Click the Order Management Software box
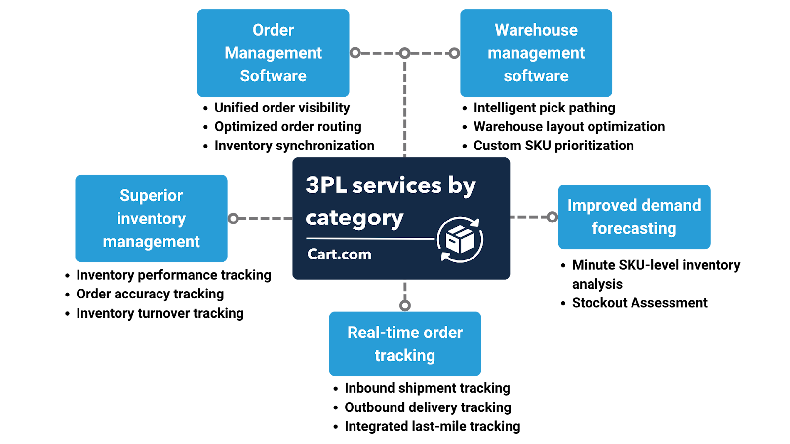[x=273, y=53]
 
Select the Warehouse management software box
[x=536, y=53]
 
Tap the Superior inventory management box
[x=151, y=219]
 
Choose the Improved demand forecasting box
[x=634, y=217]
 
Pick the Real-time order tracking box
[x=405, y=344]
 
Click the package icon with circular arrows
[x=460, y=240]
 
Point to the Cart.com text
[x=339, y=254]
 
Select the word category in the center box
[x=355, y=218]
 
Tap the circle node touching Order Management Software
[x=355, y=53]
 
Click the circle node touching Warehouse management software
[x=454, y=53]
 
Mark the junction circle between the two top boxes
[x=405, y=53]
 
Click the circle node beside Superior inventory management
[x=234, y=218]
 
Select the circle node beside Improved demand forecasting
[x=552, y=217]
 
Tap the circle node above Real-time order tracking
[x=405, y=306]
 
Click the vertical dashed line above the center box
[x=405, y=109]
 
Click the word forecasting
[x=634, y=229]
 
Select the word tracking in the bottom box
[x=405, y=356]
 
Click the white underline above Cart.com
[x=370, y=239]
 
